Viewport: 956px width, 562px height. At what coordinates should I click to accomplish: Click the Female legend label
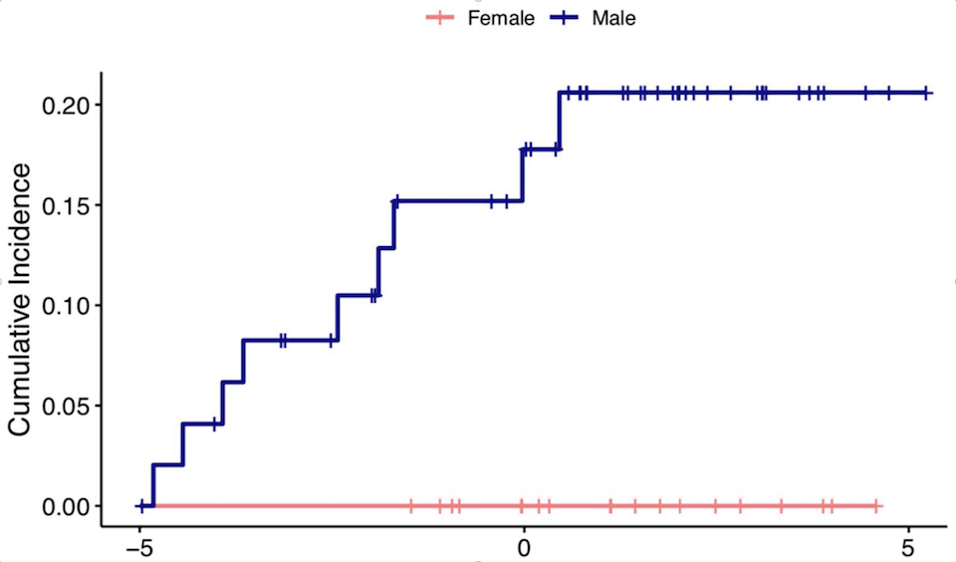point(501,18)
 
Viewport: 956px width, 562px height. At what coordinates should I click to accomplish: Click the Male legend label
point(613,18)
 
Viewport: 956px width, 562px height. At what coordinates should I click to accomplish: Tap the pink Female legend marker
point(439,18)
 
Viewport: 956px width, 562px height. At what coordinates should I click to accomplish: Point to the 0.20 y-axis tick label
point(65,105)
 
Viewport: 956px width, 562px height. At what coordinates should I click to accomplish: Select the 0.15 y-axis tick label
point(65,205)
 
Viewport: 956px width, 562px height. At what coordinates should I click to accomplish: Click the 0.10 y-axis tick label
point(65,305)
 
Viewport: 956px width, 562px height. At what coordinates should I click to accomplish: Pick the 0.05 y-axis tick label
point(65,406)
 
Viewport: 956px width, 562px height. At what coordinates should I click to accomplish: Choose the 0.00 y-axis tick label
point(65,506)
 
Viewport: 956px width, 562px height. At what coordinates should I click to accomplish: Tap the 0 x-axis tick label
point(524,547)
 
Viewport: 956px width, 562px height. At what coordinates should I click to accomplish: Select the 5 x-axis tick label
point(907,547)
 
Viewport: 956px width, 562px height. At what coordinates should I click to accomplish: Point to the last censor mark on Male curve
point(926,93)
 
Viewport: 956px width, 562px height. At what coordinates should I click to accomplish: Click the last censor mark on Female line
point(875,506)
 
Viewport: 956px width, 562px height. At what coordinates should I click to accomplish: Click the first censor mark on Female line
point(410,506)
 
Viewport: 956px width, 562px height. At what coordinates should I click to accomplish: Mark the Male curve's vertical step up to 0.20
point(560,121)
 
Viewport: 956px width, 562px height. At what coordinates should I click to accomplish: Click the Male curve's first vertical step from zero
point(152,485)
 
